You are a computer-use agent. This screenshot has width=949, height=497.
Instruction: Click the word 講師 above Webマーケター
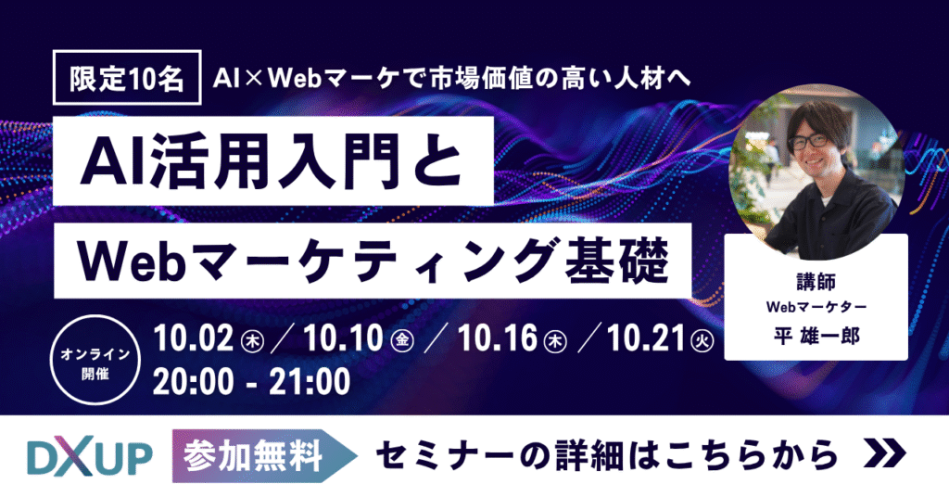coord(816,280)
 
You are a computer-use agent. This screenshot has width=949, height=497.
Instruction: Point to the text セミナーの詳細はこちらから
coord(607,456)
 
